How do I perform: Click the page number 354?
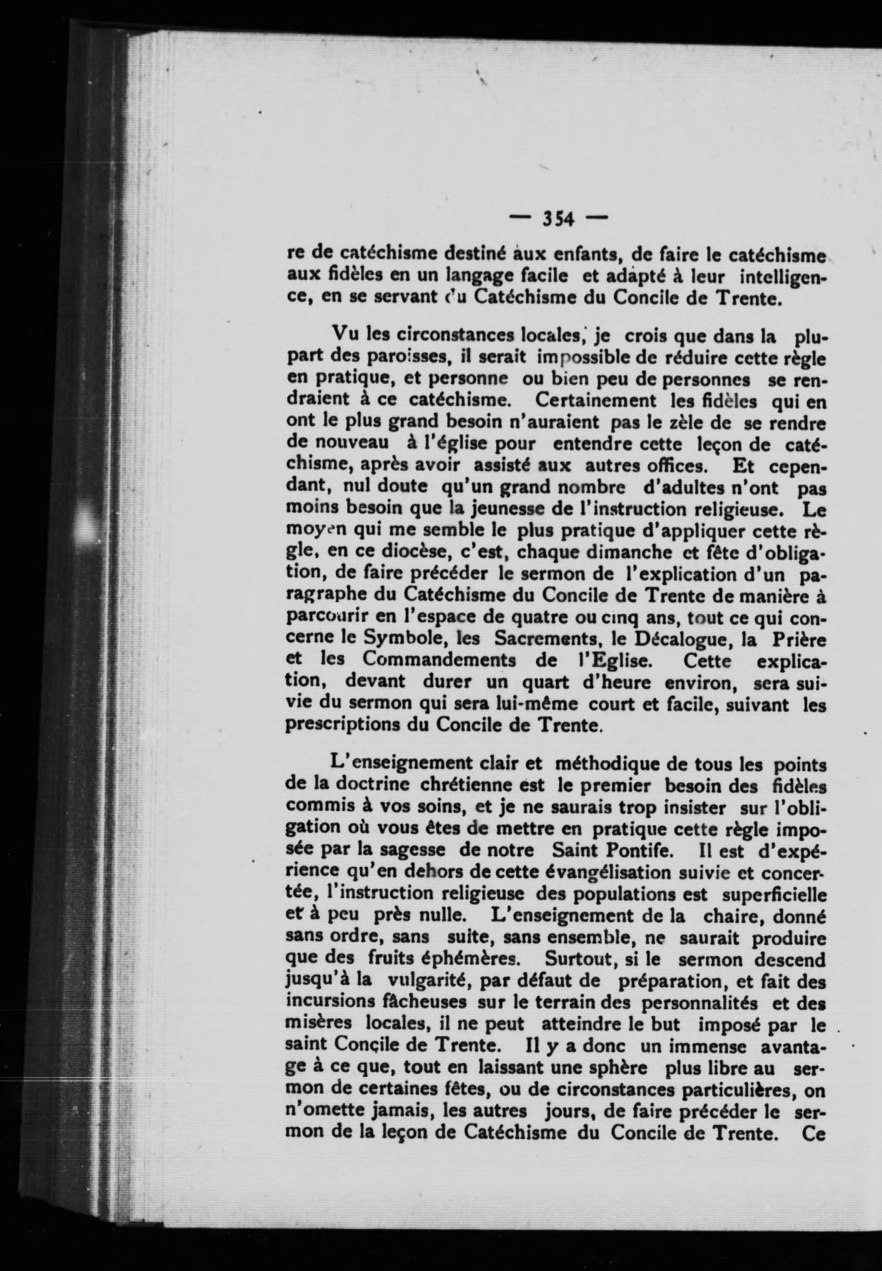[558, 219]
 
